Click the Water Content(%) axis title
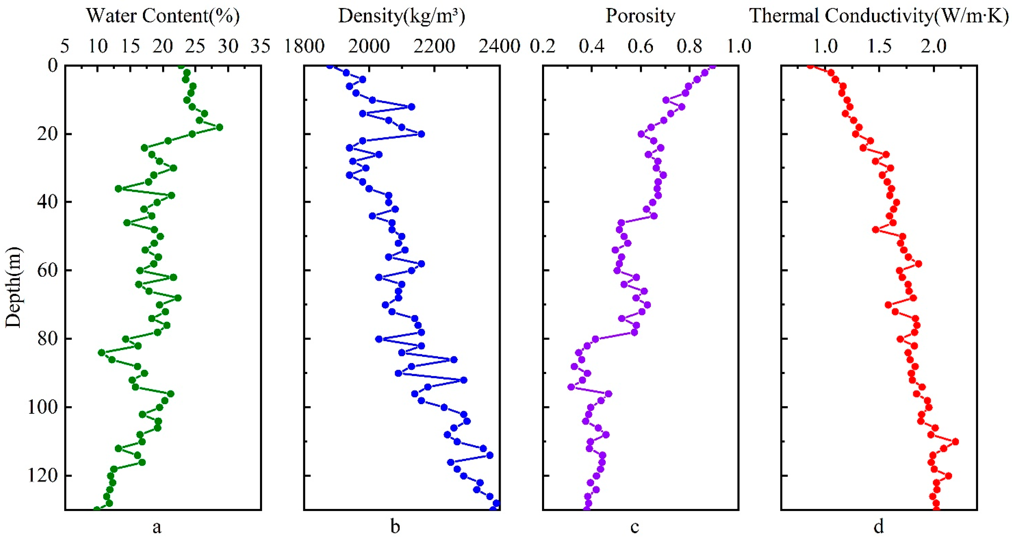[163, 16]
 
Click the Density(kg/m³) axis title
[401, 16]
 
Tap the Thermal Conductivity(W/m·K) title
[879, 16]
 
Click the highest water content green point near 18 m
[219, 127]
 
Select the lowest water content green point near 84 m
[102, 352]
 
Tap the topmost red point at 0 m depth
[810, 66]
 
